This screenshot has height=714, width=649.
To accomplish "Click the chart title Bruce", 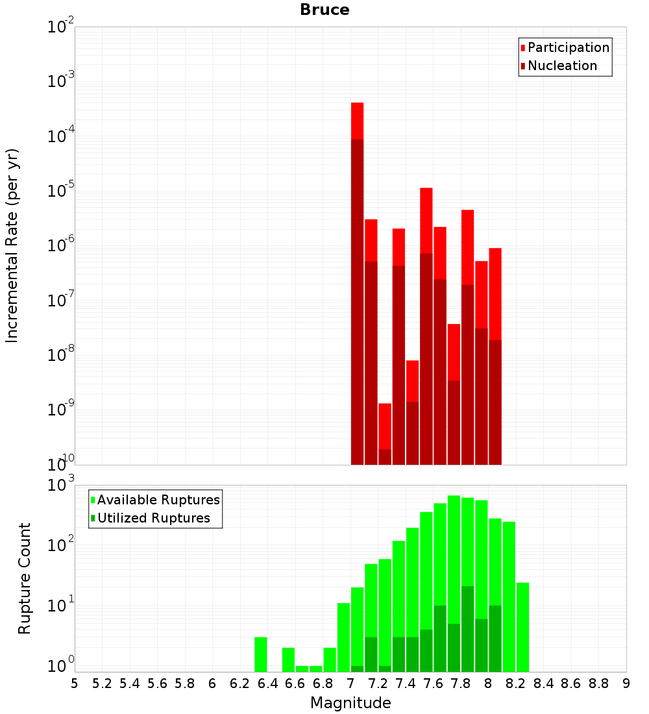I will (x=324, y=10).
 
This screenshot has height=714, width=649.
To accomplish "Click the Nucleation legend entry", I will (x=561, y=66).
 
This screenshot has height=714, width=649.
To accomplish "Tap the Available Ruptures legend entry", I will (x=158, y=500).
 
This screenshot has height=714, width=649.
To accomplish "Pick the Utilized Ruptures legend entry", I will (x=153, y=518).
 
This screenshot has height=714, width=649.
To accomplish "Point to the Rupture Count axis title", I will (x=25, y=578).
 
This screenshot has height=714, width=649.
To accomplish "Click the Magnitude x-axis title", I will (x=350, y=703).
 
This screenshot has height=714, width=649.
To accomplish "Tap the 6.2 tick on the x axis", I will (x=240, y=683).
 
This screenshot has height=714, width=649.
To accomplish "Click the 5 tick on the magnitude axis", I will (x=75, y=683).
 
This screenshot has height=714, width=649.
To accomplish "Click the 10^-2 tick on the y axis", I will (x=61, y=27).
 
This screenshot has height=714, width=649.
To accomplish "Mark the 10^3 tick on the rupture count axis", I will (x=61, y=485).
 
